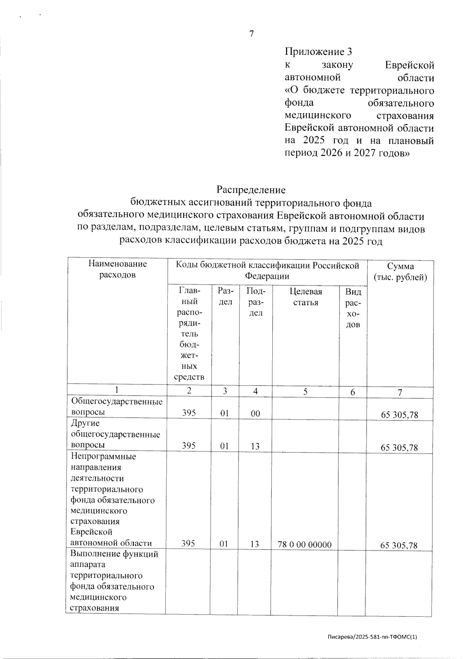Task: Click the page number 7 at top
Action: coord(251,34)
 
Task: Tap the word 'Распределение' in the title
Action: coord(251,190)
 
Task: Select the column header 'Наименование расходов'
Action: coord(118,270)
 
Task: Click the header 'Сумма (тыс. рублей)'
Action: coord(400,272)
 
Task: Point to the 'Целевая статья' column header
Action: coord(305,297)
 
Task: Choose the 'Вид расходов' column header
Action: coord(353,308)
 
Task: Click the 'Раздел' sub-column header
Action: coord(225,297)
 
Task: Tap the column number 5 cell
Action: coord(305,391)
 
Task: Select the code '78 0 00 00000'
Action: coord(305,545)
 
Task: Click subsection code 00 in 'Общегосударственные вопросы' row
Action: coord(255,413)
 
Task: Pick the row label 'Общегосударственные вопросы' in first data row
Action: coord(116,407)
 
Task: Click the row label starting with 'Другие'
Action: coord(115,434)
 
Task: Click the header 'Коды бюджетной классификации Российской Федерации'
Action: coord(267,271)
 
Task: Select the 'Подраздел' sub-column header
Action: coord(255,302)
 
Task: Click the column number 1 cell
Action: coord(118,390)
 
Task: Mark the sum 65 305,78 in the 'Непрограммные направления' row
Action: coord(399,545)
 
